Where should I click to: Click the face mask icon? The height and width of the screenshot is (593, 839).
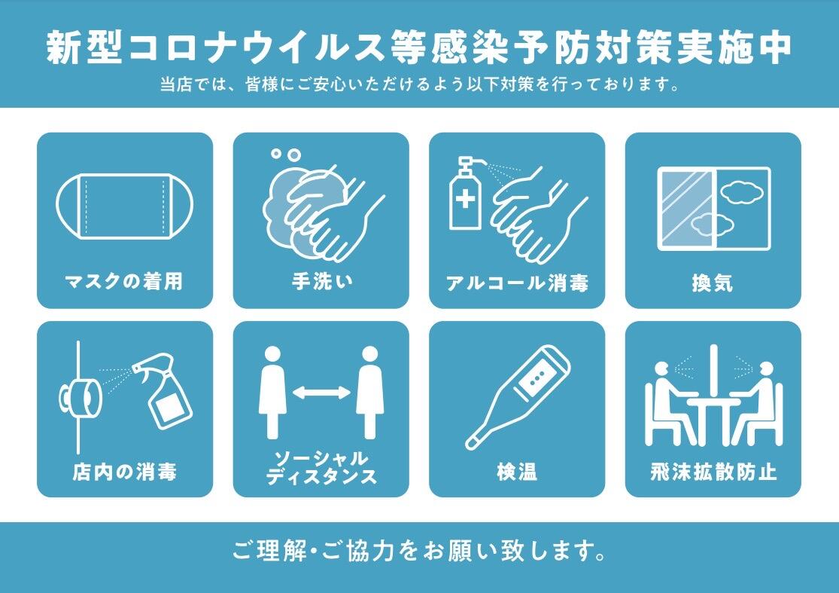point(125,205)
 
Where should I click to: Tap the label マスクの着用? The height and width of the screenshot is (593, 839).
point(125,283)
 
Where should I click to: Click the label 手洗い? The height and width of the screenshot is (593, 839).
point(321,283)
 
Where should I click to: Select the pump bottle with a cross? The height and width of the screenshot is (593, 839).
point(465,196)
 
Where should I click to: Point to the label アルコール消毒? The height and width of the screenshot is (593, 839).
point(517,283)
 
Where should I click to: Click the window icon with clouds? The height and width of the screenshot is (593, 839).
point(713,208)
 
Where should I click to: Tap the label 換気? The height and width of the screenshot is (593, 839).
point(713,283)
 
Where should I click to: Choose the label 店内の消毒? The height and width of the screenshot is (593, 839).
point(125,472)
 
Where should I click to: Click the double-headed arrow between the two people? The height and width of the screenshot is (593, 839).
point(321,393)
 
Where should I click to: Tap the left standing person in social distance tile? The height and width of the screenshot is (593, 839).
point(272,392)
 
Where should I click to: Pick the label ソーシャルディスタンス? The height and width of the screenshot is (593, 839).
point(321,468)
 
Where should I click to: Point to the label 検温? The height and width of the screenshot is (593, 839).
point(517,472)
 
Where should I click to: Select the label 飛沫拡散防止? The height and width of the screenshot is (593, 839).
point(713,472)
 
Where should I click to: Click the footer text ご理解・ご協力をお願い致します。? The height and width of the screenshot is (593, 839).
point(419,552)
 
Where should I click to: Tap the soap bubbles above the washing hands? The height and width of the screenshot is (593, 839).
point(286,154)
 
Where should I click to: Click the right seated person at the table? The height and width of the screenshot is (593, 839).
point(760,399)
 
